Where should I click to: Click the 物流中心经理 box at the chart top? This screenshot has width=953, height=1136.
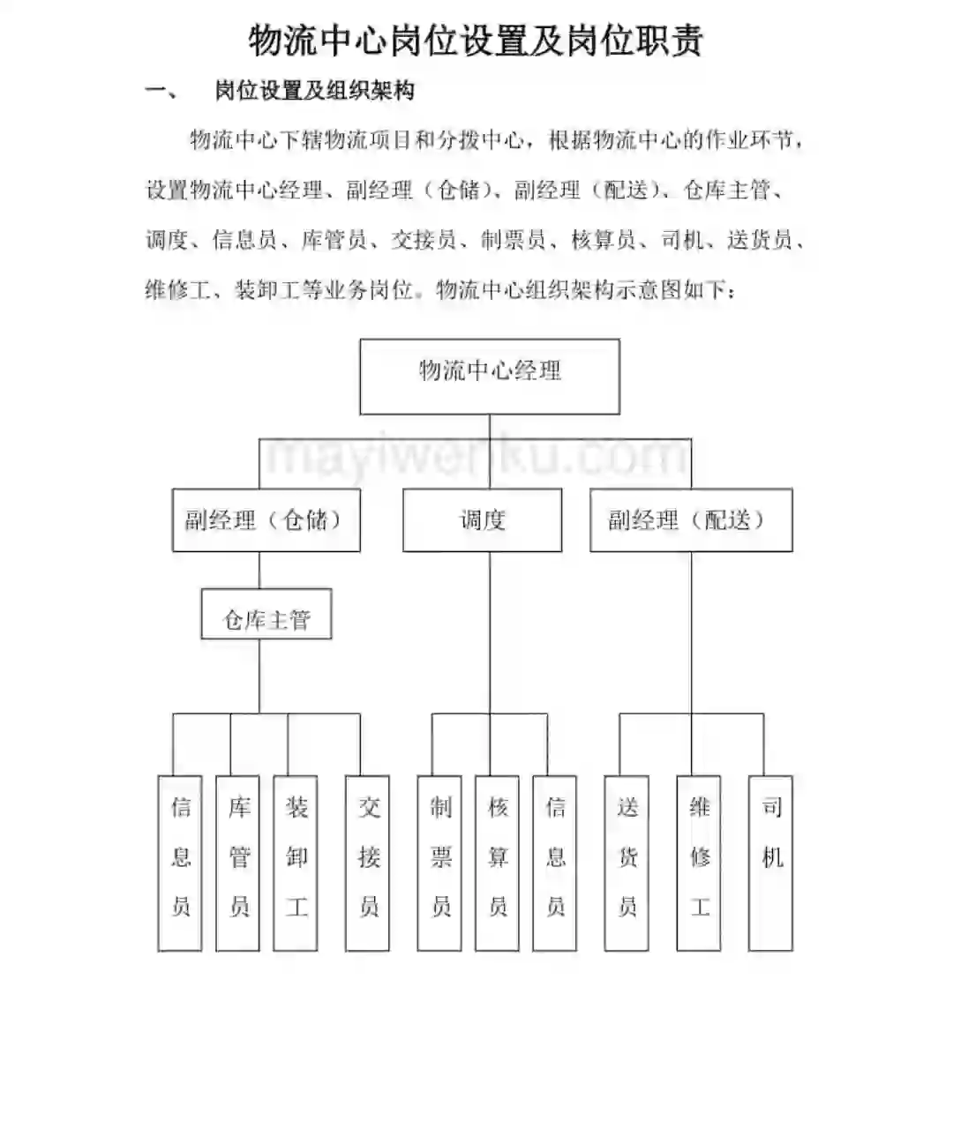(490, 376)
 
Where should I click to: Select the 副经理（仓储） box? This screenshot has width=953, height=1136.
(266, 520)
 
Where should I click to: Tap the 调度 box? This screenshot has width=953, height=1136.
(482, 520)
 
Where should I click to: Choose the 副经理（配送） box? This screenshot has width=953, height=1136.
(690, 520)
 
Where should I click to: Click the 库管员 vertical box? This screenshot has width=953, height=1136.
(238, 863)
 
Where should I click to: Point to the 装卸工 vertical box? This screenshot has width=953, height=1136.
(296, 863)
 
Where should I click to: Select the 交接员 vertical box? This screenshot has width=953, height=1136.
(368, 863)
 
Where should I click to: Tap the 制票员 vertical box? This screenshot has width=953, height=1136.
(439, 863)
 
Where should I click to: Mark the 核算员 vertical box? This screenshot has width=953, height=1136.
(497, 863)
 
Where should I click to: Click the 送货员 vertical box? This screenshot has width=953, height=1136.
(627, 863)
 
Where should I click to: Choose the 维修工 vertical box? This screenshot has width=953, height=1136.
(699, 863)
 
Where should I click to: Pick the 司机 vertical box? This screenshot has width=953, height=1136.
(770, 863)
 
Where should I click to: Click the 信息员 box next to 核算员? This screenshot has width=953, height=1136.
(555, 863)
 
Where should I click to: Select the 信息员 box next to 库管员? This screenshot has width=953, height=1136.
(180, 863)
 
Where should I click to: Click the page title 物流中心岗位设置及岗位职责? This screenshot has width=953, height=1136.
(476, 41)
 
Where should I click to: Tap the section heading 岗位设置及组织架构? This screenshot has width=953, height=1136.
(314, 90)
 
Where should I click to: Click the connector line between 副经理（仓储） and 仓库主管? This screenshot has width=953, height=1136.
(259, 571)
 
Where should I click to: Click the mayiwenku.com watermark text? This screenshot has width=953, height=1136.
(476, 456)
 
